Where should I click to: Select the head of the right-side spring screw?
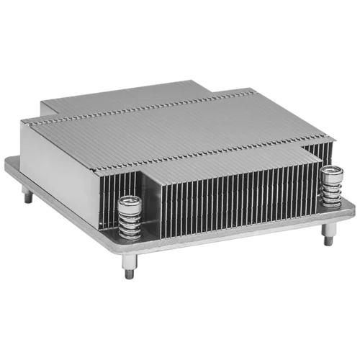click(x=331, y=171)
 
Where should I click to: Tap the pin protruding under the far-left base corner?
click(x=28, y=198)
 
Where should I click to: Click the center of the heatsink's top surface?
click(x=180, y=122)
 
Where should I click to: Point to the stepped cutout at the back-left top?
click(x=47, y=107)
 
